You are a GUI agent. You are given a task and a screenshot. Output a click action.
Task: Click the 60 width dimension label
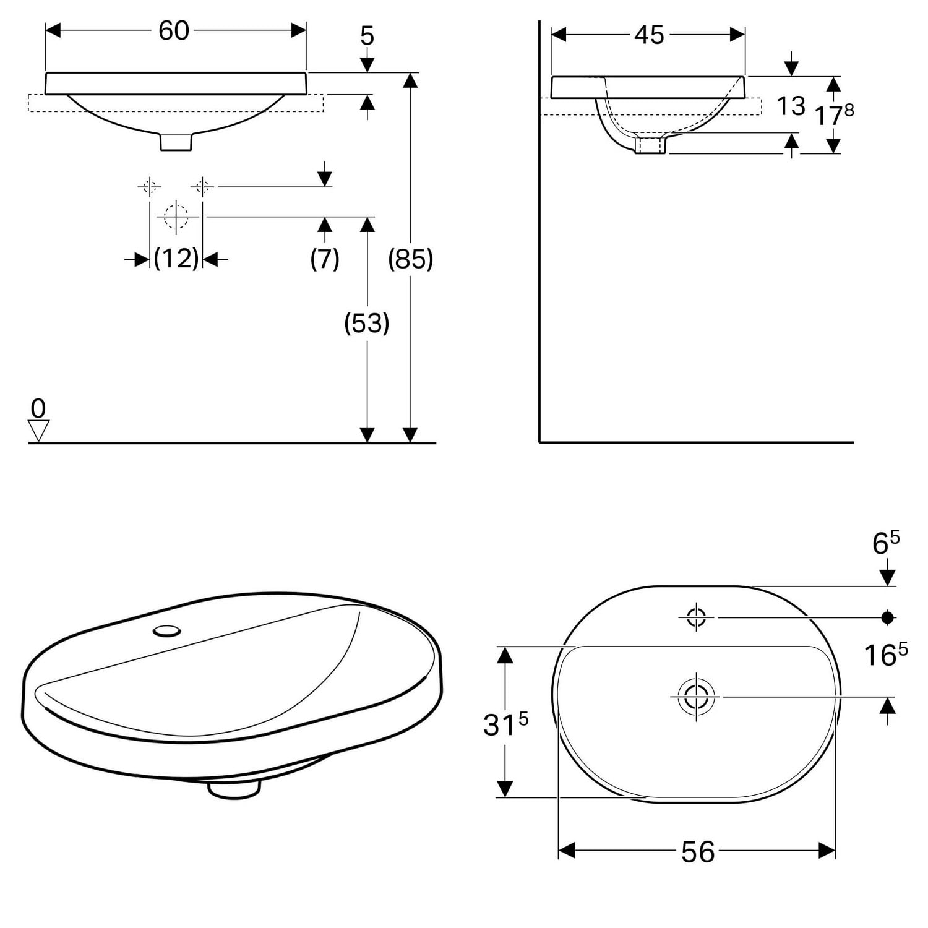pos(173,30)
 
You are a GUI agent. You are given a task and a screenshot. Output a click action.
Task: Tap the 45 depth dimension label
pos(649,35)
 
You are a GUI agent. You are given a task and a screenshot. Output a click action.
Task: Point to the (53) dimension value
pos(367,323)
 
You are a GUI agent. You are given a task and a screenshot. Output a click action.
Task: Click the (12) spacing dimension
pos(176,258)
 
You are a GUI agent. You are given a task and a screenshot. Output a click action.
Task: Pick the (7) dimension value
pos(325,258)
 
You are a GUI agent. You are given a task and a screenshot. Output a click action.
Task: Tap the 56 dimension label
pos(698,852)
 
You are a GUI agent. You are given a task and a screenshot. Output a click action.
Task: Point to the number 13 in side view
pos(791,106)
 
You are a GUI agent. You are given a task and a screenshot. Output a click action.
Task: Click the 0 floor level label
pos(38,408)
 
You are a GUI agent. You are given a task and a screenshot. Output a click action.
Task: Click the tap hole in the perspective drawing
pos(167,630)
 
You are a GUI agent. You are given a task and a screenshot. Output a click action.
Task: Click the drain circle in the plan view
pos(697,697)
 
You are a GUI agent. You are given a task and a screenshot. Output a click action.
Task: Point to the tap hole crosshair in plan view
pos(697,617)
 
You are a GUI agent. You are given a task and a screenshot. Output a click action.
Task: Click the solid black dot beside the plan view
pos(888,617)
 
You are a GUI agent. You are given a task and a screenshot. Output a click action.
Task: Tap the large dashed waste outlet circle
pos(176,217)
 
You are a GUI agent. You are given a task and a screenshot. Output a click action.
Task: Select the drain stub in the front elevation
pos(176,142)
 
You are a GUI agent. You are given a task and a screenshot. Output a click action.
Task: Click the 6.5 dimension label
pos(885,543)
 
